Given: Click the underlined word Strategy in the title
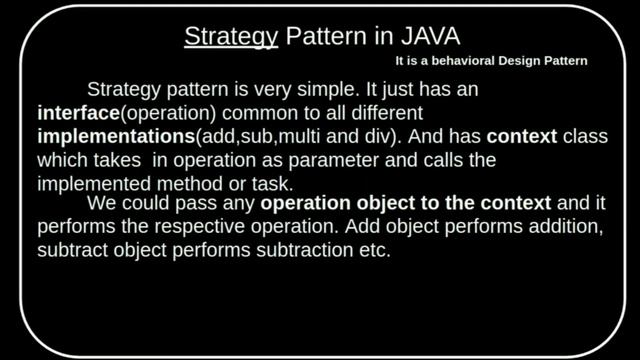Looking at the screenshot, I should [x=230, y=37].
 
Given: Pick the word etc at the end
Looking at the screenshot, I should [x=370, y=251].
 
